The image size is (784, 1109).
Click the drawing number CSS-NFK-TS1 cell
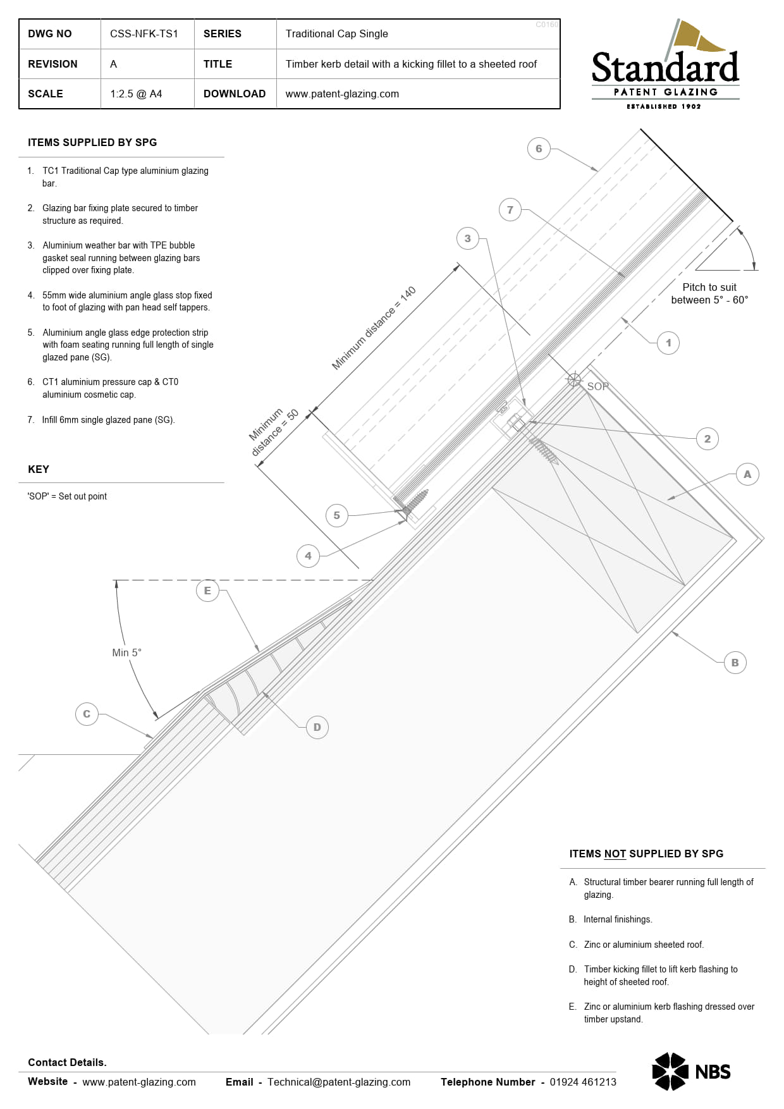click(x=144, y=34)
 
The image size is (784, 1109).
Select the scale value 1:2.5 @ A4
click(x=136, y=94)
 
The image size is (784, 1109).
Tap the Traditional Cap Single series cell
click(x=336, y=34)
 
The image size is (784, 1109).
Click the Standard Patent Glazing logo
click(x=665, y=66)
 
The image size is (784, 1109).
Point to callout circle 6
click(x=539, y=149)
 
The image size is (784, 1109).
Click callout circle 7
click(x=510, y=210)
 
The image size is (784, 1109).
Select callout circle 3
click(x=467, y=238)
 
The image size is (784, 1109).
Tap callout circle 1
click(x=668, y=343)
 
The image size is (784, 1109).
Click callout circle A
click(x=747, y=474)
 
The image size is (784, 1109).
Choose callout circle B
click(x=735, y=663)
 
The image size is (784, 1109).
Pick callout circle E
click(x=207, y=591)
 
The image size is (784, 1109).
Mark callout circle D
click(x=317, y=727)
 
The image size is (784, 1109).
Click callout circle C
click(x=87, y=714)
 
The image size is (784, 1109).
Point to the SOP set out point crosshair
click(x=574, y=379)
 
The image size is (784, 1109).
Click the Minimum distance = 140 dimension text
click(x=374, y=328)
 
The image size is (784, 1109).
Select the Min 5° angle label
click(x=126, y=653)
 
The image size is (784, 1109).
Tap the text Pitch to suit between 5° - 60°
click(x=709, y=293)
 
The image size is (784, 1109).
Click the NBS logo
click(x=691, y=1071)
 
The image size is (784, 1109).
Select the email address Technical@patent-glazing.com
click(x=339, y=1082)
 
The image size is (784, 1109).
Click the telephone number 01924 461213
click(x=583, y=1082)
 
